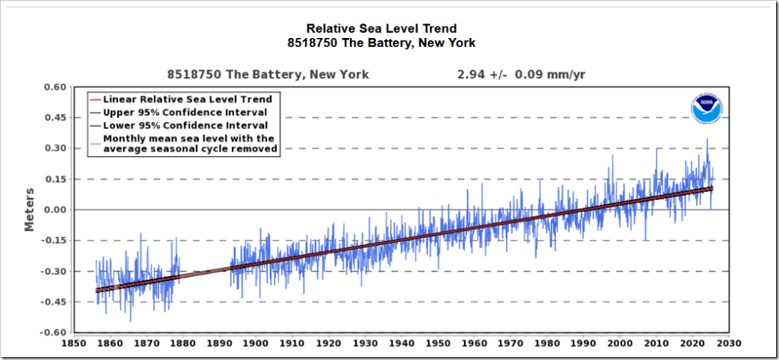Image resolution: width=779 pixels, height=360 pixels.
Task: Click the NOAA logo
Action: [x=707, y=108]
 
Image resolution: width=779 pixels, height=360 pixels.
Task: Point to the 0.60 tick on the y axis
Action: [x=55, y=87]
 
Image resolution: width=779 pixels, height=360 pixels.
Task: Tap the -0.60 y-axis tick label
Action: [x=53, y=333]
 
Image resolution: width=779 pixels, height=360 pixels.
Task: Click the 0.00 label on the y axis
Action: [x=55, y=210]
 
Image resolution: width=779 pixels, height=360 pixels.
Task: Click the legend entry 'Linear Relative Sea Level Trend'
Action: [x=187, y=99]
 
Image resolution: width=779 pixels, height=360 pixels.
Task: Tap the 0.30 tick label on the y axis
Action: [x=55, y=148]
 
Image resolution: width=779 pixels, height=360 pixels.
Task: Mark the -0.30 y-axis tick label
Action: [x=53, y=272]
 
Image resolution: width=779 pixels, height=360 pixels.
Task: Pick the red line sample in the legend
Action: [x=95, y=99]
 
